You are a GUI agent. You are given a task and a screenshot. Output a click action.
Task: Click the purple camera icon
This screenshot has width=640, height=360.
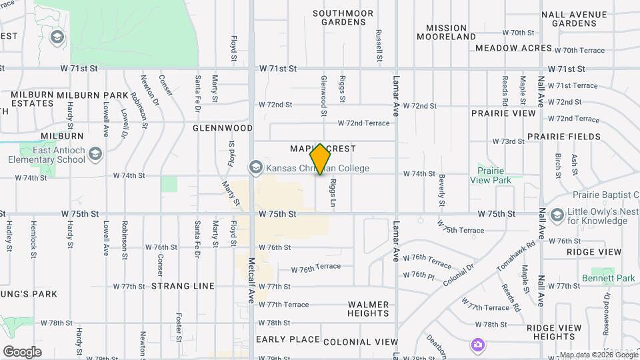(x=477, y=344)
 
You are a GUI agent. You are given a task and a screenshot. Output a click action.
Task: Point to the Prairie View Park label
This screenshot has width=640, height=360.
(x=490, y=175)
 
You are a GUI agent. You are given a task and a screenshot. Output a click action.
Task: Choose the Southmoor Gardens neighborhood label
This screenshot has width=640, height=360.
(x=339, y=17)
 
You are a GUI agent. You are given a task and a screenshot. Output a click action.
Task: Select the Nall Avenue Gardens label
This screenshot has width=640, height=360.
(x=583, y=19)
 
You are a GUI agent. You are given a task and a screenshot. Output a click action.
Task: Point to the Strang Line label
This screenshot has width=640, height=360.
(x=183, y=286)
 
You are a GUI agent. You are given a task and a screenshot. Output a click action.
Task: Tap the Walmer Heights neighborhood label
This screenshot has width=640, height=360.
(x=368, y=309)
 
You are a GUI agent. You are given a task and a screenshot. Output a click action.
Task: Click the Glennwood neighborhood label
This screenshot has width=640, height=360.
(x=223, y=127)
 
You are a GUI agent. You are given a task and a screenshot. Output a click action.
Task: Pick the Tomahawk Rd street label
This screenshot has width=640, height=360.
(x=516, y=255)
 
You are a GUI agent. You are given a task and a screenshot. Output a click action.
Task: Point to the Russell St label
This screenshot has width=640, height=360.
(x=378, y=45)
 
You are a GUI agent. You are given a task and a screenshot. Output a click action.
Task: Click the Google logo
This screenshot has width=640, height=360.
(x=22, y=352)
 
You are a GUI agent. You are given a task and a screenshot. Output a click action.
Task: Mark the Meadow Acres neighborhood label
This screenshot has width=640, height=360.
(x=513, y=48)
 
